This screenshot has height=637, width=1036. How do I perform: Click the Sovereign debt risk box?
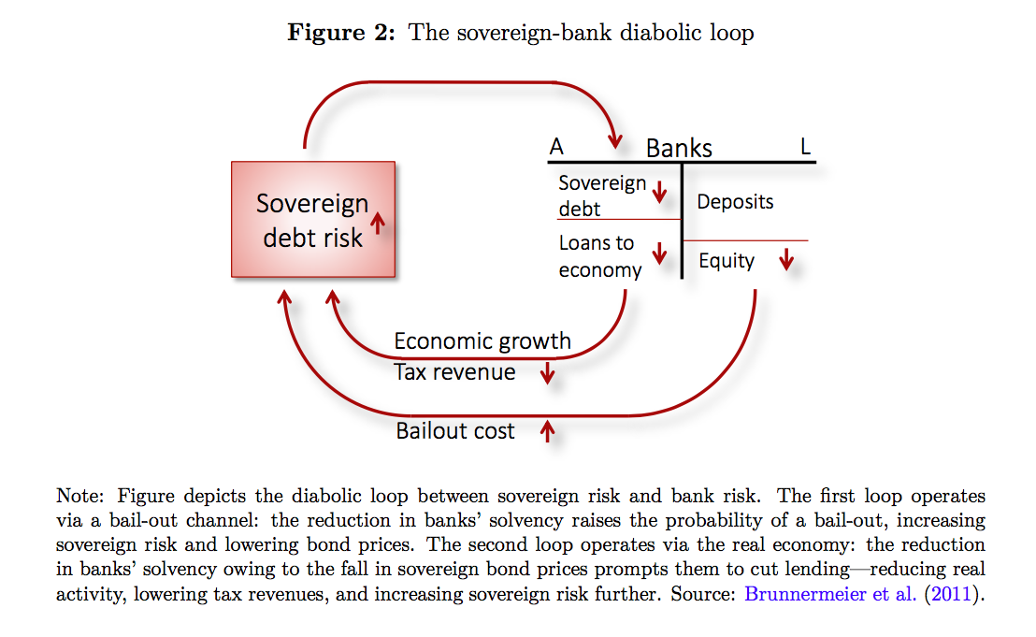coord(312,219)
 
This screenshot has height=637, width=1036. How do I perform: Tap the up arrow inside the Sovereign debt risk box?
coord(378,222)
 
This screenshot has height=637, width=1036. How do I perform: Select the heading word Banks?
coord(679,148)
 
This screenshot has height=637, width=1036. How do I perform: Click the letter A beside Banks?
coord(556,147)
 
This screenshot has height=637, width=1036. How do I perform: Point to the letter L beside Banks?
coord(805,147)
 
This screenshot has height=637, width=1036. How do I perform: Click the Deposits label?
coord(735,201)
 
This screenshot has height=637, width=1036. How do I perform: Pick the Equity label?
coord(727,261)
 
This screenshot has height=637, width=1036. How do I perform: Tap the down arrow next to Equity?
coord(786,259)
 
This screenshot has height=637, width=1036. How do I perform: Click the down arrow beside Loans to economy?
coord(659,253)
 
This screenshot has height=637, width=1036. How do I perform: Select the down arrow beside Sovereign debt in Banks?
coord(659,193)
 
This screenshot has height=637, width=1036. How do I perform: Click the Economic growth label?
coord(482,340)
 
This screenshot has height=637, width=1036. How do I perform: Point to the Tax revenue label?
coord(454,372)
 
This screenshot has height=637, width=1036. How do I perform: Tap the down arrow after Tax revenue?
coord(548,374)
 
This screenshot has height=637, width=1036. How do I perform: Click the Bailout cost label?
coord(455,431)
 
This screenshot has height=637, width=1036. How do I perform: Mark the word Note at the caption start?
coord(77,496)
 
